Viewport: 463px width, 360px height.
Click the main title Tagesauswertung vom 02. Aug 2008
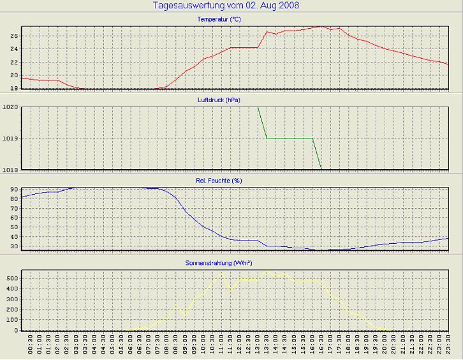click(x=226, y=6)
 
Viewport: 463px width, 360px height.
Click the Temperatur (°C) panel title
click(x=219, y=20)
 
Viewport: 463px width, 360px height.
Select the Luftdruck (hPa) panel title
click(x=219, y=100)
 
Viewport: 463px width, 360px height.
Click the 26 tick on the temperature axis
click(x=13, y=36)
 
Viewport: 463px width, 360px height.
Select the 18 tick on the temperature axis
click(x=13, y=75)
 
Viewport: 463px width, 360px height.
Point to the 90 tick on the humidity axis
click(x=13, y=189)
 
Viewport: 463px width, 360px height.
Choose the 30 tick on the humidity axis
click(x=13, y=246)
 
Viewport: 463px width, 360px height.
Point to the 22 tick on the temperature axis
click(x=13, y=62)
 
